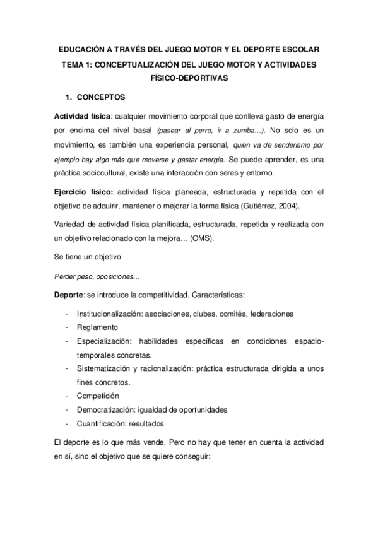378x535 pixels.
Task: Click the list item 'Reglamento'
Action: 98,327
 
